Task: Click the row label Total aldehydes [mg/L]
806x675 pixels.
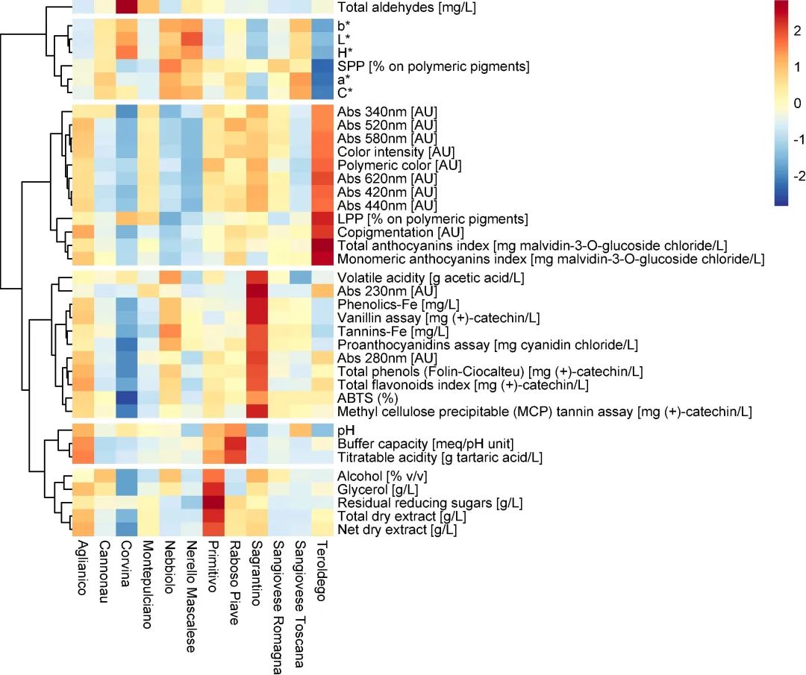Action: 407,8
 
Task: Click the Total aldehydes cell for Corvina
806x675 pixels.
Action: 126,7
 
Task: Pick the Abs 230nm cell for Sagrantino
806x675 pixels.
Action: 256,291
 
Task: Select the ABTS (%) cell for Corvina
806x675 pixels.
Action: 126,398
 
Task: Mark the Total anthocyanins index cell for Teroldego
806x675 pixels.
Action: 322,246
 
